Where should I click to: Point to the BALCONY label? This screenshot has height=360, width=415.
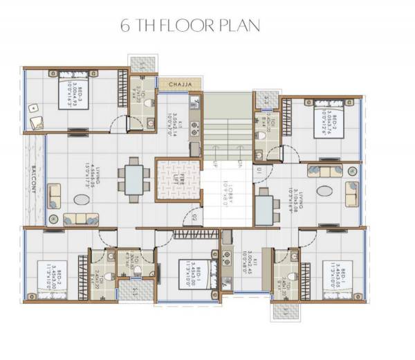pos(33,181)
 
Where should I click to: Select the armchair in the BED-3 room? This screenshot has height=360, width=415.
pos(35,122)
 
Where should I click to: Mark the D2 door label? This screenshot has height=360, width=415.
pos(196,219)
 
